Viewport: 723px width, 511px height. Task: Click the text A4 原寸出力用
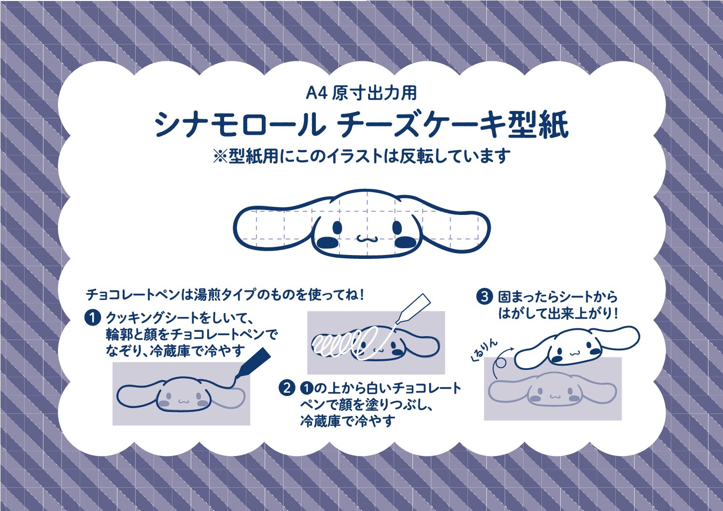coord(361,93)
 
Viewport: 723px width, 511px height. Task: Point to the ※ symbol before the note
coord(220,157)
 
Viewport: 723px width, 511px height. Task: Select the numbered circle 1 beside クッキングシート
coord(92,318)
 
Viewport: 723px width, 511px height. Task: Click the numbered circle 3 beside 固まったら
coord(484,297)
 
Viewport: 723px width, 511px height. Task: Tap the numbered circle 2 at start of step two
coord(286,388)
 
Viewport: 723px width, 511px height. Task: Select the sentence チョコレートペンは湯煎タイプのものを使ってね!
coord(225,295)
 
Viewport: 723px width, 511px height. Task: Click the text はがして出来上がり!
coord(558,313)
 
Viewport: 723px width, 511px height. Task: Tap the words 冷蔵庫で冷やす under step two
coord(348,421)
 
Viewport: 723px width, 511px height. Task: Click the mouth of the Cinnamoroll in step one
coord(183,401)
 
